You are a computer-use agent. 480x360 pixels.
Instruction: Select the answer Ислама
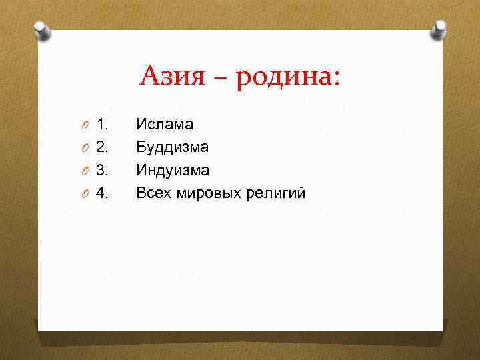pos(165,123)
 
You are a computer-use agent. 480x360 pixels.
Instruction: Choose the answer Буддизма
pos(173,147)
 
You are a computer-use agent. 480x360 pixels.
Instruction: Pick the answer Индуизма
pos(173,170)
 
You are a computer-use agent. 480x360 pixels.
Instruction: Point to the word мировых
pos(207,193)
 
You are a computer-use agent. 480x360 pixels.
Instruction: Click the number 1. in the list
pos(103,123)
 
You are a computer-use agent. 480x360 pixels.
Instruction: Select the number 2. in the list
pos(103,147)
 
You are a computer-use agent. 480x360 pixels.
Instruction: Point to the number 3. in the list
pos(103,170)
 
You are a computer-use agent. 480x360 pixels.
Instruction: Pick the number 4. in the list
pos(103,193)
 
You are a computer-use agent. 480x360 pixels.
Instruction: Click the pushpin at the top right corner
pos(439,30)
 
